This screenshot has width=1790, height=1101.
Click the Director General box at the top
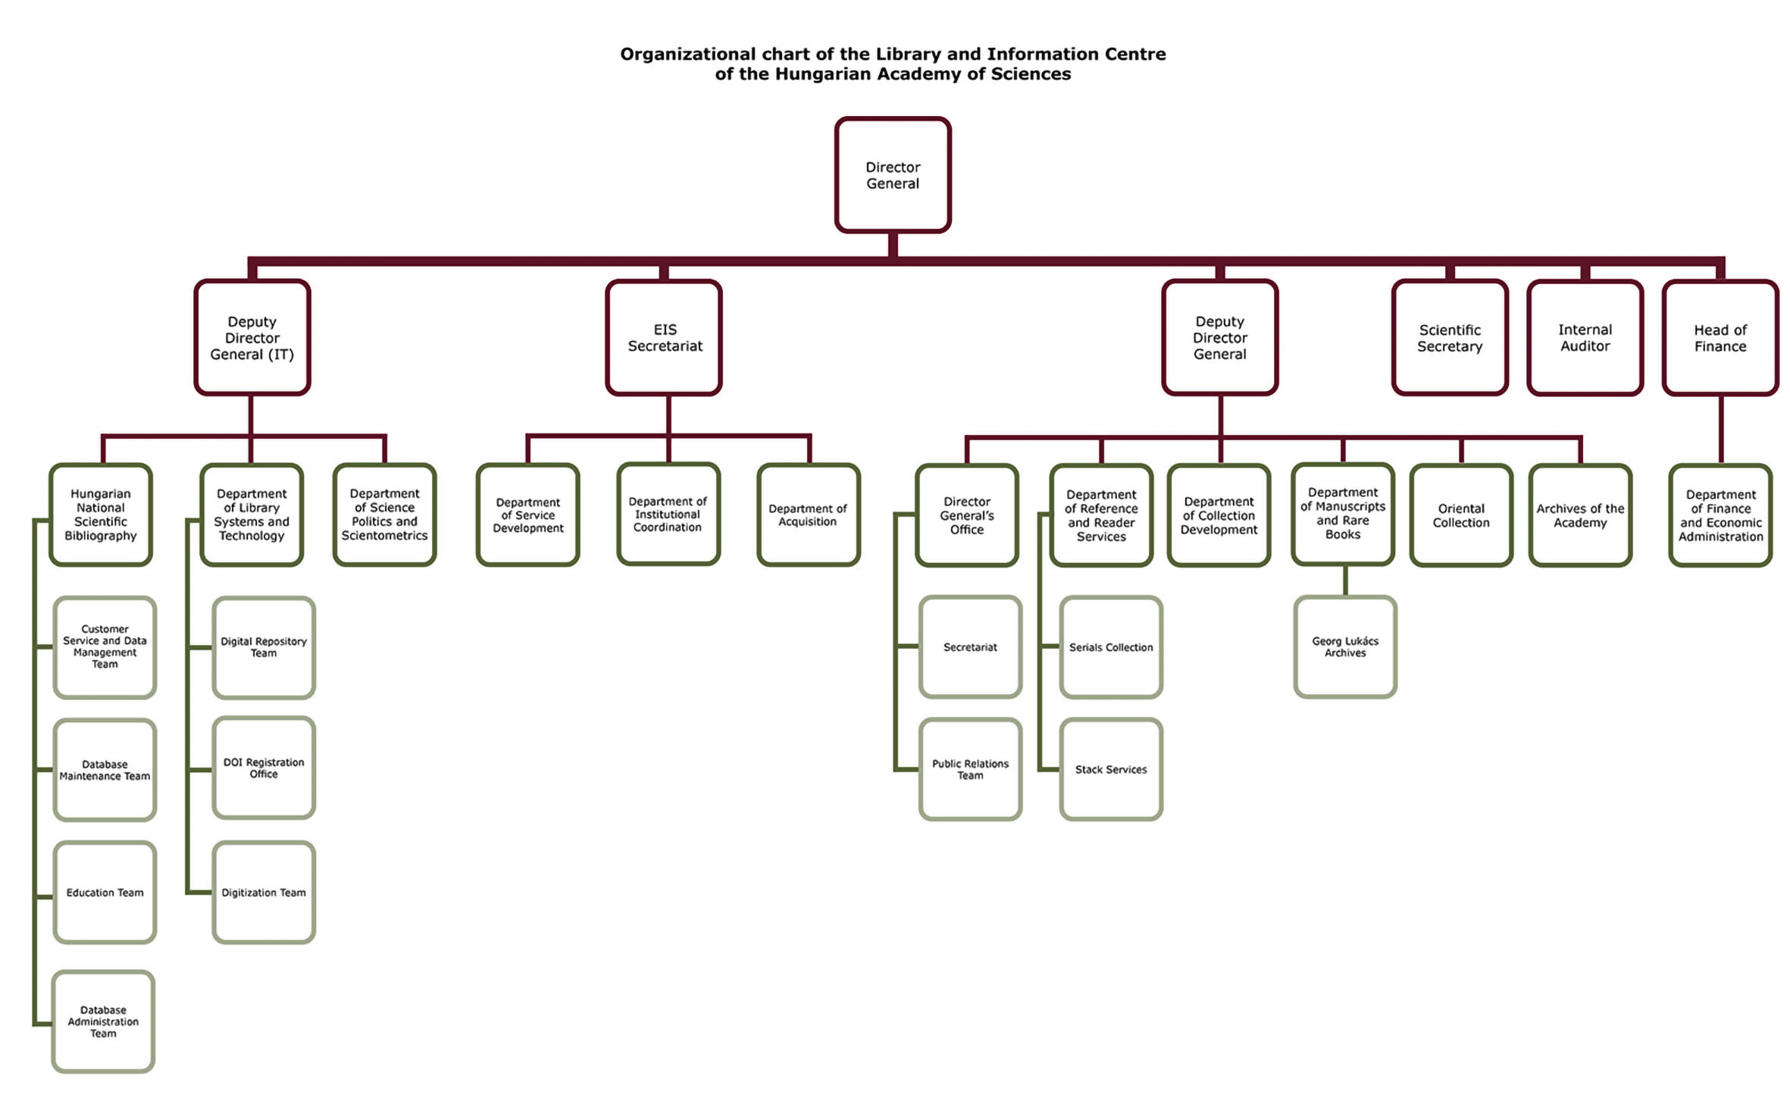(893, 175)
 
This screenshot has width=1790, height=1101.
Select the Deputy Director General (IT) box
(252, 338)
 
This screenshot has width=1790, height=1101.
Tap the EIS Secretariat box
(665, 338)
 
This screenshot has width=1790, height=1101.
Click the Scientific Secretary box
(1450, 338)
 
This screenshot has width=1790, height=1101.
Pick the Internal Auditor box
(1585, 338)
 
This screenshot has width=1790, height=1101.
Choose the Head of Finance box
(1720, 338)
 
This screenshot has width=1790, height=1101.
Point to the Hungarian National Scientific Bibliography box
(101, 515)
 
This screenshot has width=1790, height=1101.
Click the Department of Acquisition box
(808, 515)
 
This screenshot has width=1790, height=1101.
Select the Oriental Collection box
(1461, 515)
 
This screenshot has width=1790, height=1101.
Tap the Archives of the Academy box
(1580, 515)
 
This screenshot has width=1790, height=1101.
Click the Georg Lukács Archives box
(1345, 647)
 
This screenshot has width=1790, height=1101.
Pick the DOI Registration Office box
(264, 768)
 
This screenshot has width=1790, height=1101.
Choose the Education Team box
(105, 893)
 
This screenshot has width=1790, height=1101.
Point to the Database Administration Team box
(103, 1021)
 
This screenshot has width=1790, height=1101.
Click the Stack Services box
(1111, 769)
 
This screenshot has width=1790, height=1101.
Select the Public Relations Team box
(970, 769)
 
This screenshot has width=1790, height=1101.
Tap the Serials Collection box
(1111, 647)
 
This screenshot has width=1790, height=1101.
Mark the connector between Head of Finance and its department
(1721, 430)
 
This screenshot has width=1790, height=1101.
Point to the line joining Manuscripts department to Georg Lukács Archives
(1345, 581)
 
